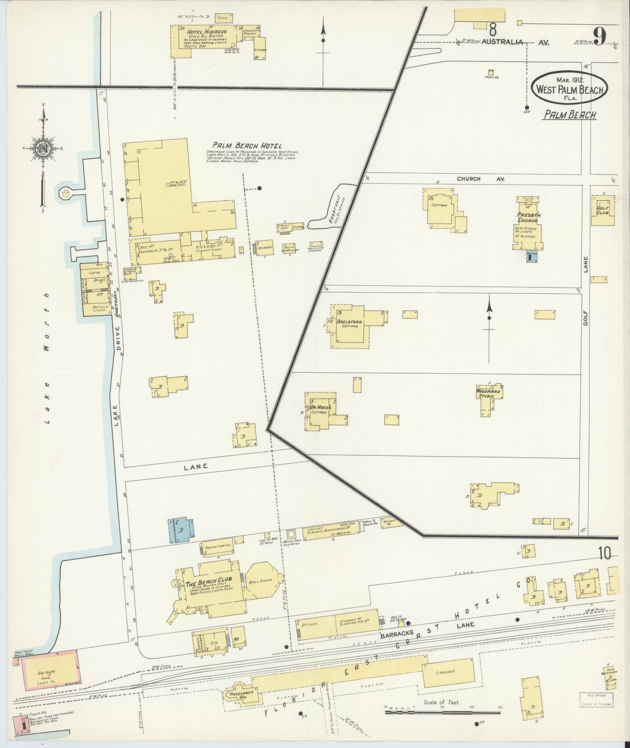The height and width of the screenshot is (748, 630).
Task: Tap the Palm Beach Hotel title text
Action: coord(247,145)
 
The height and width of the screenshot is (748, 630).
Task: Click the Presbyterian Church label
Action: coord(528,218)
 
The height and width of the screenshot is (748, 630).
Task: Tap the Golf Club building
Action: coord(603,211)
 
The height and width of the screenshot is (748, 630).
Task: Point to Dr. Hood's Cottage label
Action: coord(321,409)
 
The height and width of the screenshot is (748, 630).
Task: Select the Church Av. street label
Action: coord(480,179)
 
